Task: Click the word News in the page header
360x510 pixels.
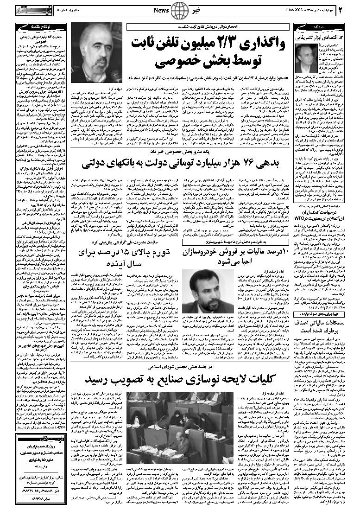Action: (x=162, y=10)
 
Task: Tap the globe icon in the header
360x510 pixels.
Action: (x=179, y=10)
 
